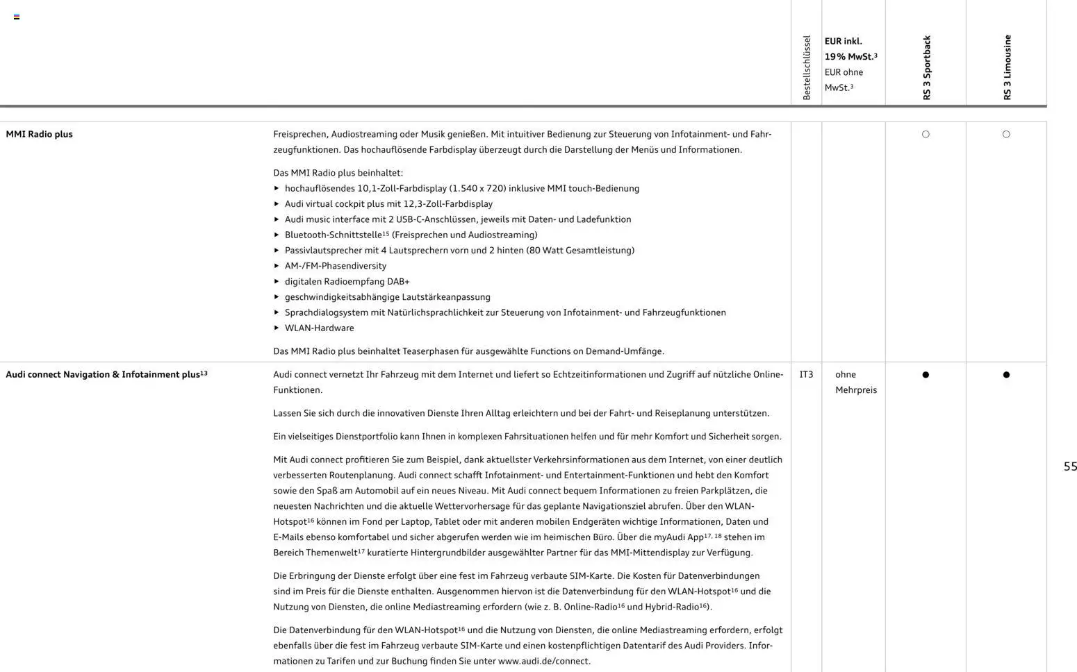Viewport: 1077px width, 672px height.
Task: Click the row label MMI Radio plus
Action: [x=40, y=134]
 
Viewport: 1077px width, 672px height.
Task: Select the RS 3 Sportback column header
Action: [x=926, y=68]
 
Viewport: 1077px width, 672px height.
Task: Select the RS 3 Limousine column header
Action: [x=1007, y=68]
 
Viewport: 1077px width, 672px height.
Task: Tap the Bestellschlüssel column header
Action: [x=806, y=68]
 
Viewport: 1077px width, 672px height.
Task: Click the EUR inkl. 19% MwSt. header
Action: [x=850, y=49]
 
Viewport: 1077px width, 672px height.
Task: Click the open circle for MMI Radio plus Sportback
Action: [x=926, y=135]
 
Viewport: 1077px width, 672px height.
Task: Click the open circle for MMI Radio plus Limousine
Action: [x=1006, y=135]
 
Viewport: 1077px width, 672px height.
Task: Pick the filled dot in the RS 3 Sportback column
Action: [x=926, y=375]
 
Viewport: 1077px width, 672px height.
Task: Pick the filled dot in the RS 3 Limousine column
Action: [x=1006, y=375]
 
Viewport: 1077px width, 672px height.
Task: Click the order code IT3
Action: [x=806, y=375]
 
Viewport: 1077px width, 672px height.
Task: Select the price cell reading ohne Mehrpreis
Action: [x=855, y=383]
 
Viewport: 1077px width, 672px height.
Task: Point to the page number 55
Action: [x=1070, y=467]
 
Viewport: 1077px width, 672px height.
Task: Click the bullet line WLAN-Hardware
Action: [x=319, y=328]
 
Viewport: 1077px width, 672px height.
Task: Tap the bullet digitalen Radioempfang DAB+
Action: [x=347, y=282]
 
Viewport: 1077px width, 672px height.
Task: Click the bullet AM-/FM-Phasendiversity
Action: [x=335, y=266]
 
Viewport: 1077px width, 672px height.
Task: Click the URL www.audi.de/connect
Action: [x=543, y=662]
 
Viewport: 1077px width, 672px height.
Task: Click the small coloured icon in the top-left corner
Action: [x=17, y=17]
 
